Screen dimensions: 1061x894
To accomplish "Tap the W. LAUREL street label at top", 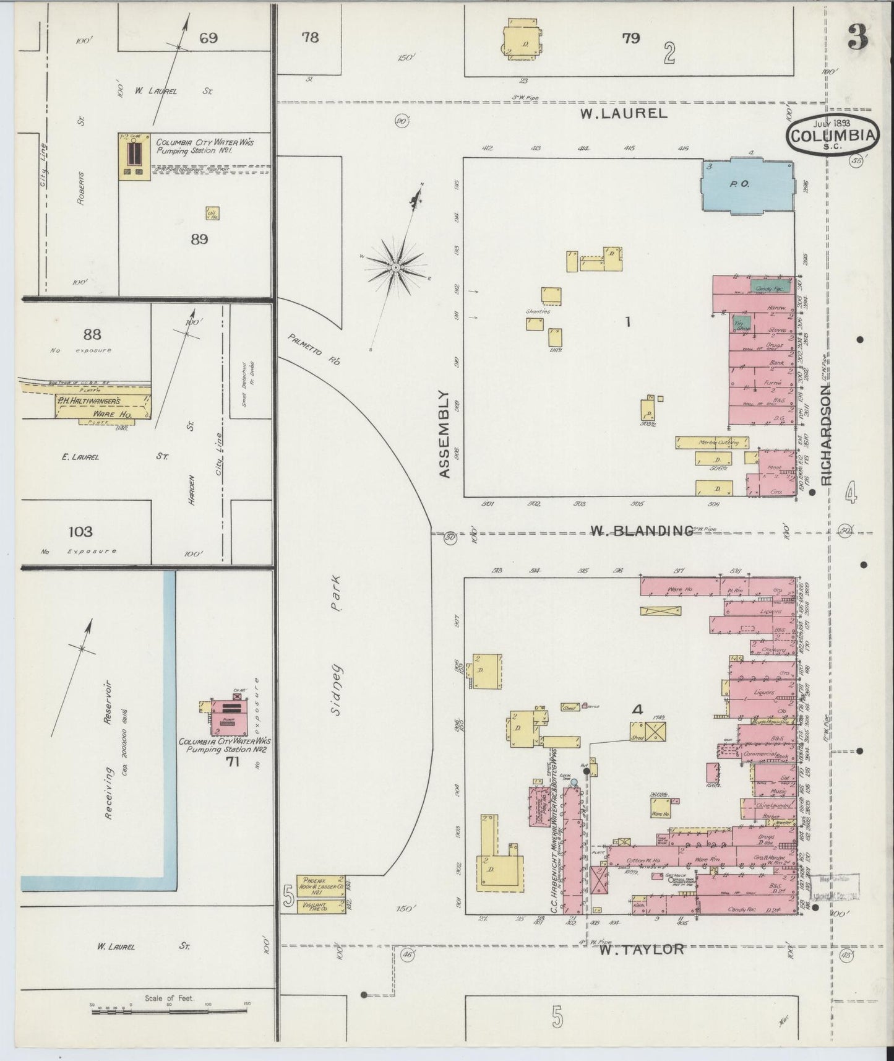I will [x=624, y=113].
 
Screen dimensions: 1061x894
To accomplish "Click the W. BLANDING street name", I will [x=640, y=530].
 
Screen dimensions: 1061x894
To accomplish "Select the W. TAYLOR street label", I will [x=640, y=949].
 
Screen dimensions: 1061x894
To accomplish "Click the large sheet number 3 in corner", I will [x=857, y=40].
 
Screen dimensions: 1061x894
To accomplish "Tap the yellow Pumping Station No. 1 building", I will [x=134, y=157].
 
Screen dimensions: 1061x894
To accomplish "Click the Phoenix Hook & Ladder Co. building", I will [x=320, y=886].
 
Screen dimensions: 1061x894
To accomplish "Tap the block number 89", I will [x=199, y=240].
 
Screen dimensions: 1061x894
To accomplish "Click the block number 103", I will [x=80, y=531].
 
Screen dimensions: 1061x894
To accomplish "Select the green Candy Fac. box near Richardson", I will [x=770, y=288].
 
